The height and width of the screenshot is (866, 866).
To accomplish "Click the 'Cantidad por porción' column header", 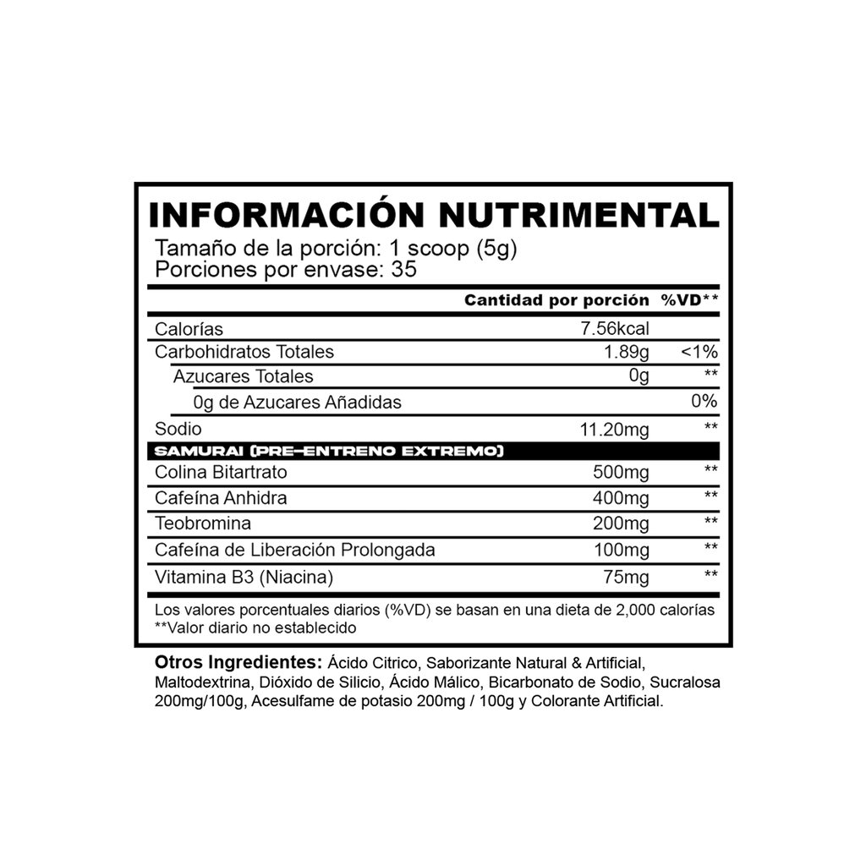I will point(556,301).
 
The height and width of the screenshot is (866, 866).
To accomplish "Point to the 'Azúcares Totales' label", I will point(243,376).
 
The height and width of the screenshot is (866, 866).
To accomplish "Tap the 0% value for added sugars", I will point(704,403).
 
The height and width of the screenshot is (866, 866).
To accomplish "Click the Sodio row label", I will point(173,428).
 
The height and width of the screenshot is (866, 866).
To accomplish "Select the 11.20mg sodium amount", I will point(614,430).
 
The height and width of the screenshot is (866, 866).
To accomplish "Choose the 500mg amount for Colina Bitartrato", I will point(622,473).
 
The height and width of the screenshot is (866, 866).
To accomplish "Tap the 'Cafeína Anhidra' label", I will point(221,499).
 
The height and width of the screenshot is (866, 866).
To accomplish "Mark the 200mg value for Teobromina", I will point(622,525).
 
